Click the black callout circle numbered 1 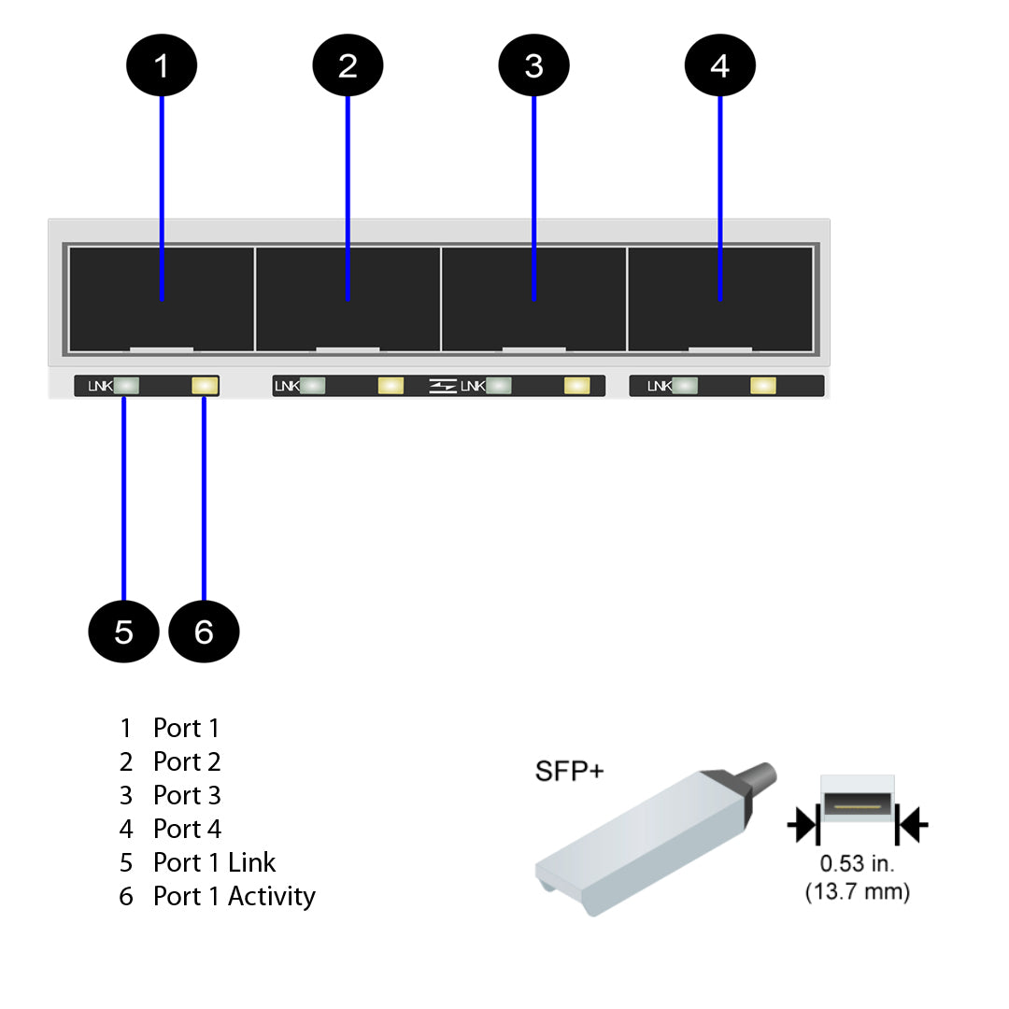[162, 65]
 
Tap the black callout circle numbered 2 [348, 65]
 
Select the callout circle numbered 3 [533, 65]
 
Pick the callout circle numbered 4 [719, 65]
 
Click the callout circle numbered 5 [123, 632]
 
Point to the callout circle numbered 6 [204, 632]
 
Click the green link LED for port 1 [126, 386]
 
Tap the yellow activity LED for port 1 [204, 386]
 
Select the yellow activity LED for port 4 [763, 386]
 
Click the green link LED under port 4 [685, 386]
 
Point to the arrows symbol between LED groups [443, 386]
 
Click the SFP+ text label [569, 772]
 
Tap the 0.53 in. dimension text [857, 864]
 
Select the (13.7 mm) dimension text [857, 892]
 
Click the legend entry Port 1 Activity [234, 896]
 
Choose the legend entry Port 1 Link [214, 862]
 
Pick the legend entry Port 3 [187, 795]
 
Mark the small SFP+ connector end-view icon [857, 805]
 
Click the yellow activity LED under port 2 [391, 386]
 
